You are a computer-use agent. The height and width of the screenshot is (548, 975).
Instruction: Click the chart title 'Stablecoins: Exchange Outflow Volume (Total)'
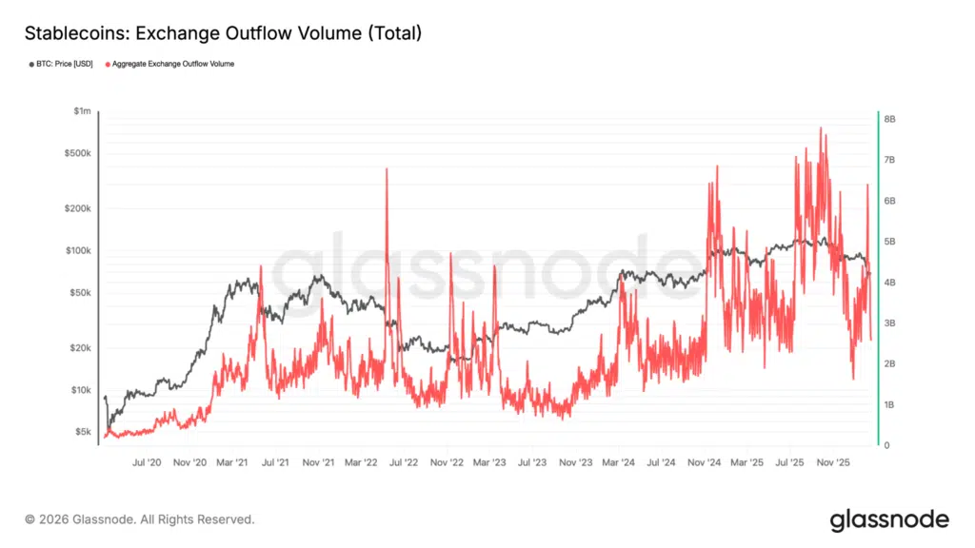(223, 33)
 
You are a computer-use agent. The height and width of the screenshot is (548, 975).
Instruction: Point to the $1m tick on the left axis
(83, 111)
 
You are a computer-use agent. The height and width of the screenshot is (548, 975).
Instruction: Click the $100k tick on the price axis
(79, 250)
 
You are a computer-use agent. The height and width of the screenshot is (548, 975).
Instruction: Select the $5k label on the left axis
(84, 432)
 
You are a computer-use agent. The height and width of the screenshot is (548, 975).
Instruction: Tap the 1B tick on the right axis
(889, 405)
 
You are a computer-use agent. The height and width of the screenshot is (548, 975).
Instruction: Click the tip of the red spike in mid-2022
(387, 168)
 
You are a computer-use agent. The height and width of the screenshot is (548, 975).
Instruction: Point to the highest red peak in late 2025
(820, 127)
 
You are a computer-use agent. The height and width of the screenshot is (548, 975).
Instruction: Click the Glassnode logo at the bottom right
(889, 519)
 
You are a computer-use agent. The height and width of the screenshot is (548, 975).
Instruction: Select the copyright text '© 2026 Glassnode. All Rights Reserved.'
(140, 519)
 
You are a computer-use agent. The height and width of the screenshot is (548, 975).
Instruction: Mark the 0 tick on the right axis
(887, 445)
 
